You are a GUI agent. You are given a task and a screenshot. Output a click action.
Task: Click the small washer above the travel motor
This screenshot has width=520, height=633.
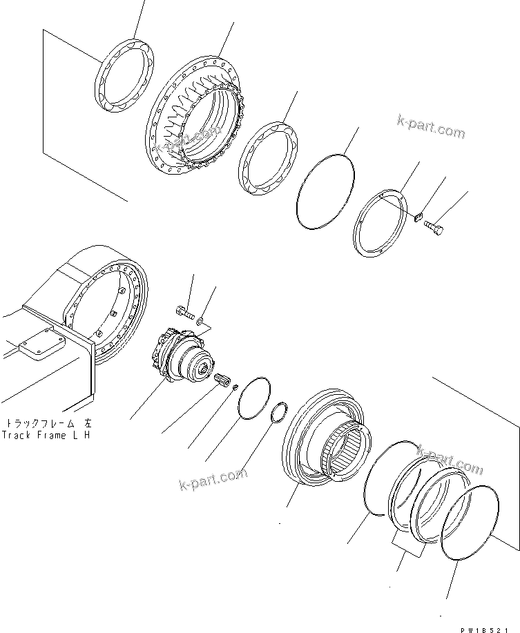tap(199, 321)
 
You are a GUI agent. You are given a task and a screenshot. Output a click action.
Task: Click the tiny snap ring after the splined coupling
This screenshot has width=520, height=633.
tap(236, 387)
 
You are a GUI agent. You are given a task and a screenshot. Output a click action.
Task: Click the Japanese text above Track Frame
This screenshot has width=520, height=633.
tap(47, 423)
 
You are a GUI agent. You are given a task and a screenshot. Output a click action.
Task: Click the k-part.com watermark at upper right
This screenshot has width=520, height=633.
tap(430, 127)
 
